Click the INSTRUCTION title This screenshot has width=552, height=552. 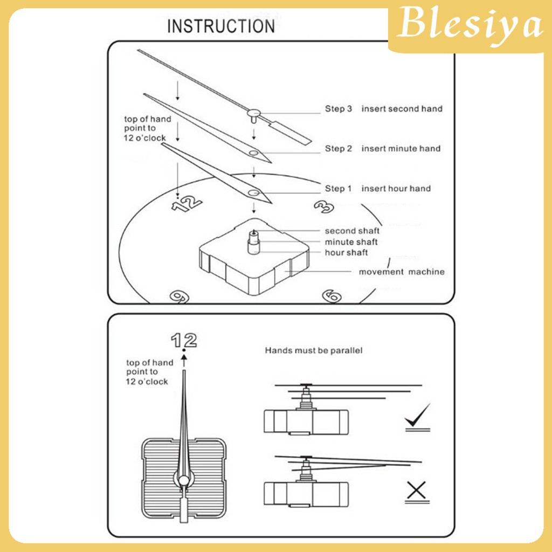pos(220,26)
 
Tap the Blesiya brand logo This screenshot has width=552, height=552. pos(469,26)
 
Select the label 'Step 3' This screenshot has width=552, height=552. pos(338,109)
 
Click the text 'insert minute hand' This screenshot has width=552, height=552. pos(401,149)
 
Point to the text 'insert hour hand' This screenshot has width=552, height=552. pos(396,189)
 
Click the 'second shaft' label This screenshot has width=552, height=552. pos(352,231)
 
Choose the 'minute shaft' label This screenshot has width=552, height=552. pos(351,242)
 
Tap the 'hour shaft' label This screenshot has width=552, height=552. pos(346,253)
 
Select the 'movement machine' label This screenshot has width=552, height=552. pos(402,272)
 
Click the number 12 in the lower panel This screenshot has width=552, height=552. pos(184,340)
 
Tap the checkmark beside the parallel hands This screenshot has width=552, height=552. pos(418,417)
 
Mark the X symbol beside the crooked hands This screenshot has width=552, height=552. pos(417,490)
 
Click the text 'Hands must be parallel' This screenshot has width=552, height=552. pos(313,351)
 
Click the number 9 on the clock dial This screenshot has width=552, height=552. pos(178,295)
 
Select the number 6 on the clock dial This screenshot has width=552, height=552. pos(331,295)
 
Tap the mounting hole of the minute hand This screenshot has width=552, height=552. pos(253,153)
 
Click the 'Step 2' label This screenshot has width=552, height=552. pos(338,149)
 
